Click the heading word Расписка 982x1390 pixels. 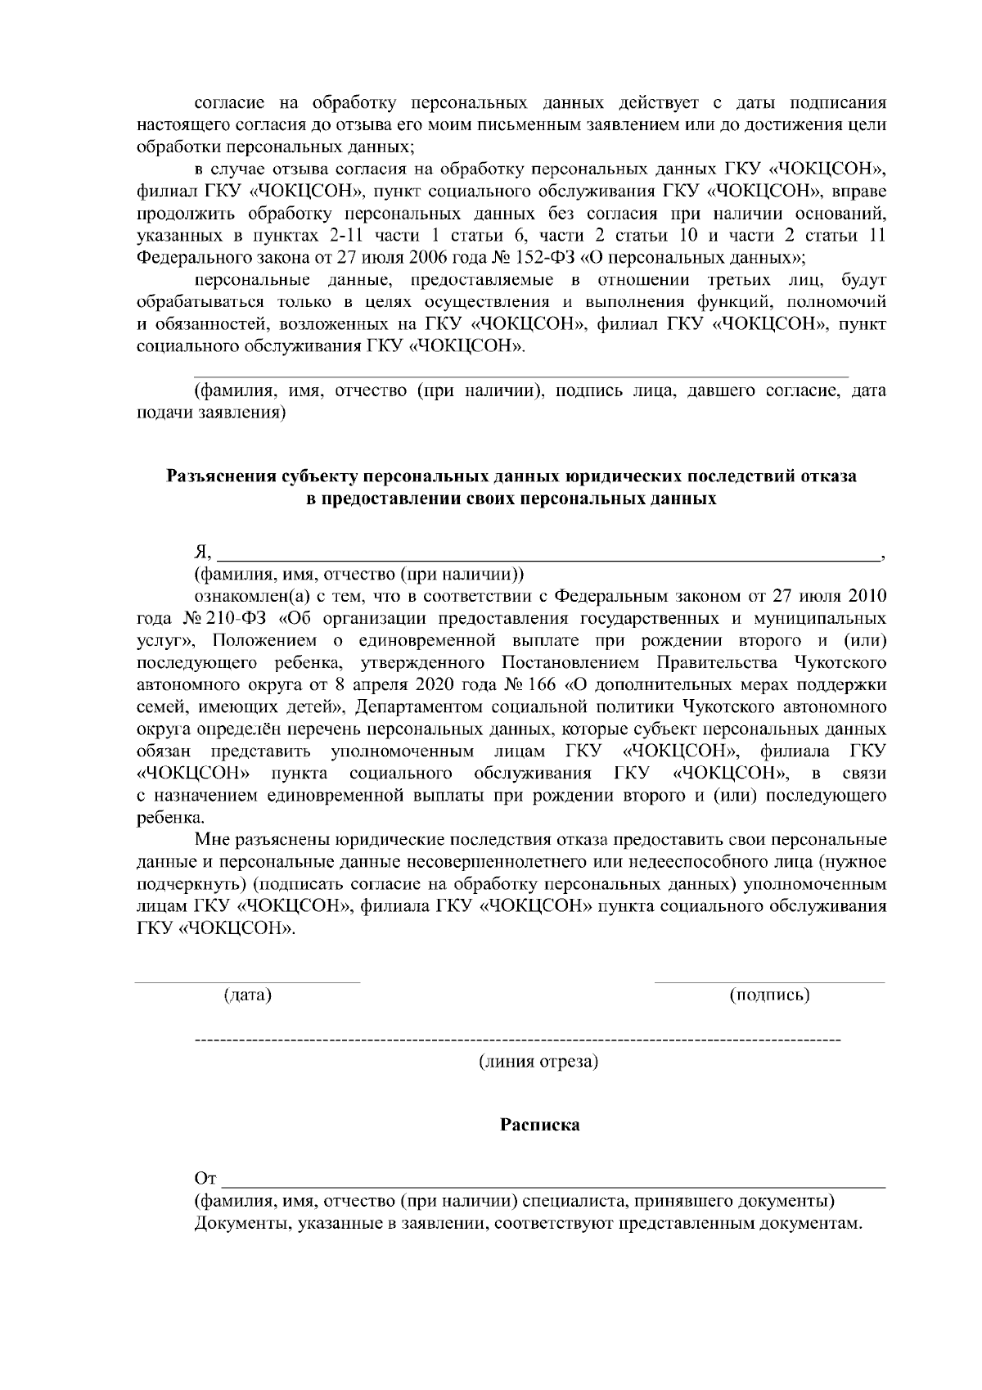pyautogui.click(x=539, y=1125)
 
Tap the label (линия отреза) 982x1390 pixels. pyautogui.click(x=538, y=1063)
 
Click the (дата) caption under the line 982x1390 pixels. pyautogui.click(x=247, y=995)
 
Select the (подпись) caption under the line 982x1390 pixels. pyautogui.click(x=769, y=995)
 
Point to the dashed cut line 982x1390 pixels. pyautogui.click(x=517, y=1040)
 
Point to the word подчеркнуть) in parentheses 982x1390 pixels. pyautogui.click(x=191, y=885)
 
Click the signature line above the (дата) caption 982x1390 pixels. pyautogui.click(x=247, y=982)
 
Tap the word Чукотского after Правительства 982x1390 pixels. pyautogui.click(x=840, y=661)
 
